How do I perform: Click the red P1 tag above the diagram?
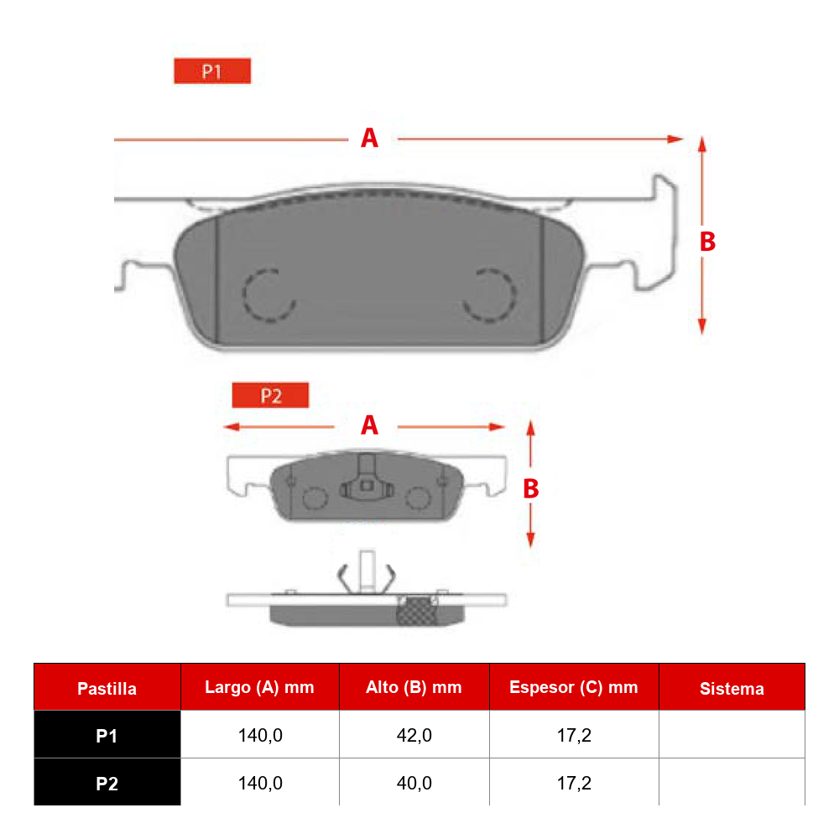212,70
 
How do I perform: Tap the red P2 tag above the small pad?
270,395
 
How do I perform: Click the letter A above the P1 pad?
369,138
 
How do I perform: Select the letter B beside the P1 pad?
707,242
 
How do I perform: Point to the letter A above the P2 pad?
369,425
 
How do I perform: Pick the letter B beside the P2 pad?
531,488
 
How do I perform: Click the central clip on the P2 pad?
367,478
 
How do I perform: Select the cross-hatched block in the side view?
417,612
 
